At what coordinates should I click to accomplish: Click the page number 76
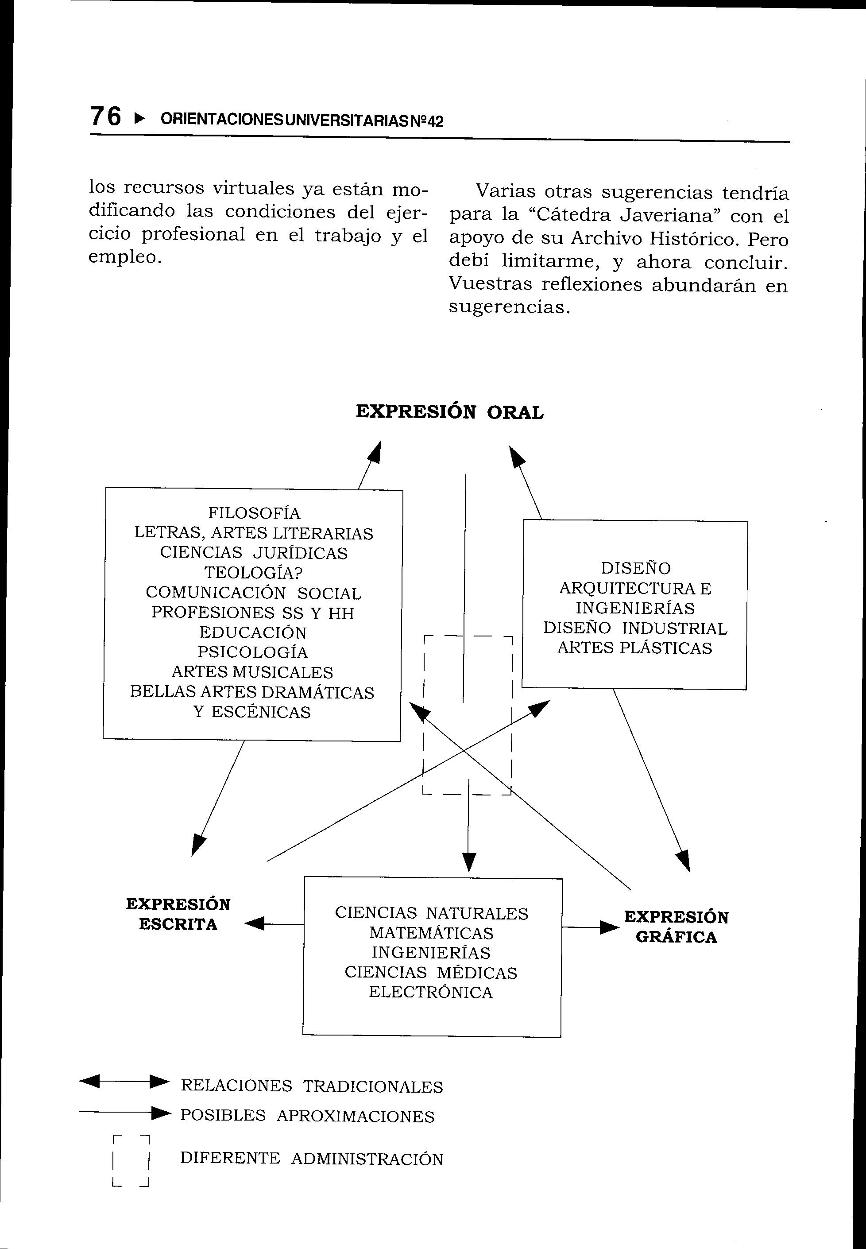pyautogui.click(x=106, y=116)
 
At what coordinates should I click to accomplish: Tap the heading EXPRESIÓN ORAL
pyautogui.click(x=449, y=412)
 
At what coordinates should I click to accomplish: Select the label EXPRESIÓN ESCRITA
pyautogui.click(x=178, y=915)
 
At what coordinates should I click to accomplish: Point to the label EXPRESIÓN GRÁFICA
pyautogui.click(x=676, y=927)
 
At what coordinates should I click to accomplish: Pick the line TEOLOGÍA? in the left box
pyautogui.click(x=253, y=573)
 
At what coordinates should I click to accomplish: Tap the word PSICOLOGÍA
pyautogui.click(x=252, y=652)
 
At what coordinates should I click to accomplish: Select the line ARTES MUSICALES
pyautogui.click(x=252, y=672)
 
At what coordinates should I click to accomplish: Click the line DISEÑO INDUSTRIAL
pyautogui.click(x=635, y=628)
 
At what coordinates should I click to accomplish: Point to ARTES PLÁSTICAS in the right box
pyautogui.click(x=634, y=648)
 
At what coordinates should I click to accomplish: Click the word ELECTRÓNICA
pyautogui.click(x=431, y=992)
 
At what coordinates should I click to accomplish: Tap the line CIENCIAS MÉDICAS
pyautogui.click(x=431, y=972)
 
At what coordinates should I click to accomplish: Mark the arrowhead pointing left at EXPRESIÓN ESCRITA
pyautogui.click(x=255, y=923)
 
